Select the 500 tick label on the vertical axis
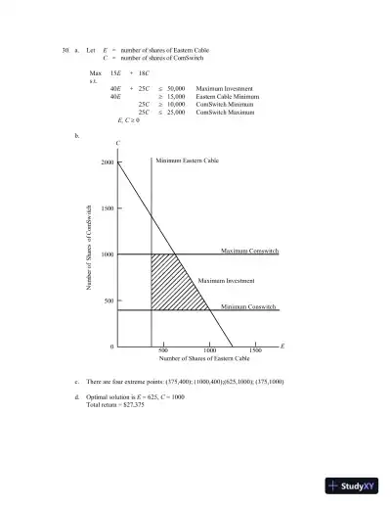tap(108, 300)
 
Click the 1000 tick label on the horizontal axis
tap(209, 350)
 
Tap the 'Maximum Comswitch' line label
tap(249, 252)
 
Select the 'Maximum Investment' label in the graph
tap(226, 281)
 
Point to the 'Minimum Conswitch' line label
tap(248, 307)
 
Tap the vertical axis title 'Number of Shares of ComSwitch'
tap(89, 247)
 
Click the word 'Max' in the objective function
tap(95, 73)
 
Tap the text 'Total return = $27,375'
tap(115, 404)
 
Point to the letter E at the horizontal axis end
tap(282, 346)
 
